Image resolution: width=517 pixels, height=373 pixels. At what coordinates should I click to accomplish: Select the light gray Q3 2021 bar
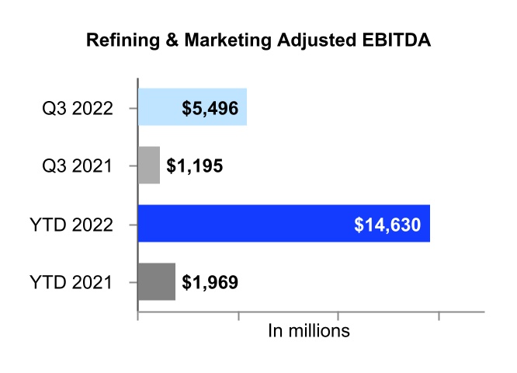[x=149, y=166]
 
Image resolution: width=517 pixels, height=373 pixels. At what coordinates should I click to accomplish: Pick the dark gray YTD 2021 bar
[x=156, y=281]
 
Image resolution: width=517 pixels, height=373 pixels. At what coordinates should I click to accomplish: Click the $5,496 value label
[x=210, y=108]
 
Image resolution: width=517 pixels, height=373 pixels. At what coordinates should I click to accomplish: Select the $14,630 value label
[x=387, y=225]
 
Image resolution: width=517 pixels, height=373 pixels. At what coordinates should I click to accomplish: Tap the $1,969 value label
[x=210, y=282]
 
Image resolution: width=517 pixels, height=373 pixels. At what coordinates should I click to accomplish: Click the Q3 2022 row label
[x=78, y=108]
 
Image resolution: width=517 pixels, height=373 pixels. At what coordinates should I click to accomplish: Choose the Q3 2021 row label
[x=78, y=166]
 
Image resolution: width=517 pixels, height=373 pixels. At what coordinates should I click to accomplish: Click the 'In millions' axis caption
[x=309, y=331]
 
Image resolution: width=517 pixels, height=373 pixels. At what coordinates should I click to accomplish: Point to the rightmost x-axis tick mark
[x=439, y=315]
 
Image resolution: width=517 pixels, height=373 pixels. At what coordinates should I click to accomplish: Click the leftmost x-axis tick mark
[x=138, y=315]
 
